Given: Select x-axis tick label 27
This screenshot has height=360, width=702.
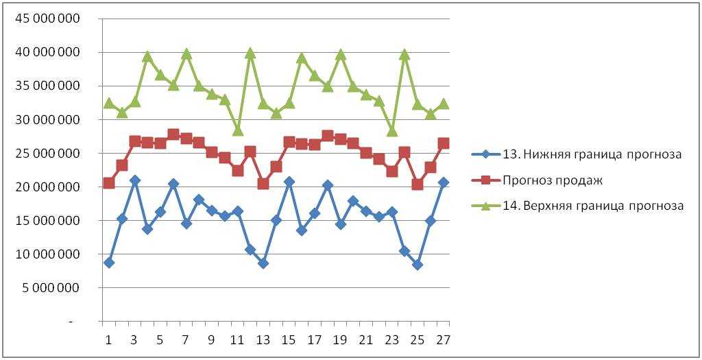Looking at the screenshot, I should tap(443, 340).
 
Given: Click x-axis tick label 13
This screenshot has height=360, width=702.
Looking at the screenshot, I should tap(263, 340).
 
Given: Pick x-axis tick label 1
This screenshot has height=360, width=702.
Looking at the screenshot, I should tap(108, 340).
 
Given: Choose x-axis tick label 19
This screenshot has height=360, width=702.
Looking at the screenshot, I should tap(340, 340).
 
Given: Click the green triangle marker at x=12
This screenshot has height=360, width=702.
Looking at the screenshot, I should tap(250, 53).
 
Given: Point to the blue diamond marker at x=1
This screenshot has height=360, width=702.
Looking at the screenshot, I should tap(108, 263).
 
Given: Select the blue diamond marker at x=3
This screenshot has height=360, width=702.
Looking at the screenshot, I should tap(134, 180).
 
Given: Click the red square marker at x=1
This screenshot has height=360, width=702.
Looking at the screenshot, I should tap(108, 183).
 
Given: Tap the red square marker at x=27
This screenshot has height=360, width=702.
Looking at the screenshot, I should tap(443, 143).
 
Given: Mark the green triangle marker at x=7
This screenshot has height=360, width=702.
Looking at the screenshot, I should tap(186, 53).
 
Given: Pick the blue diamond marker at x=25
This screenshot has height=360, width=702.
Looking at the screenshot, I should tap(417, 265).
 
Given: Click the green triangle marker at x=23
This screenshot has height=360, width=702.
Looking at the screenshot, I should tap(391, 130).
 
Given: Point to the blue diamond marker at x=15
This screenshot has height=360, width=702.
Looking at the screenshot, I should tap(289, 182).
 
